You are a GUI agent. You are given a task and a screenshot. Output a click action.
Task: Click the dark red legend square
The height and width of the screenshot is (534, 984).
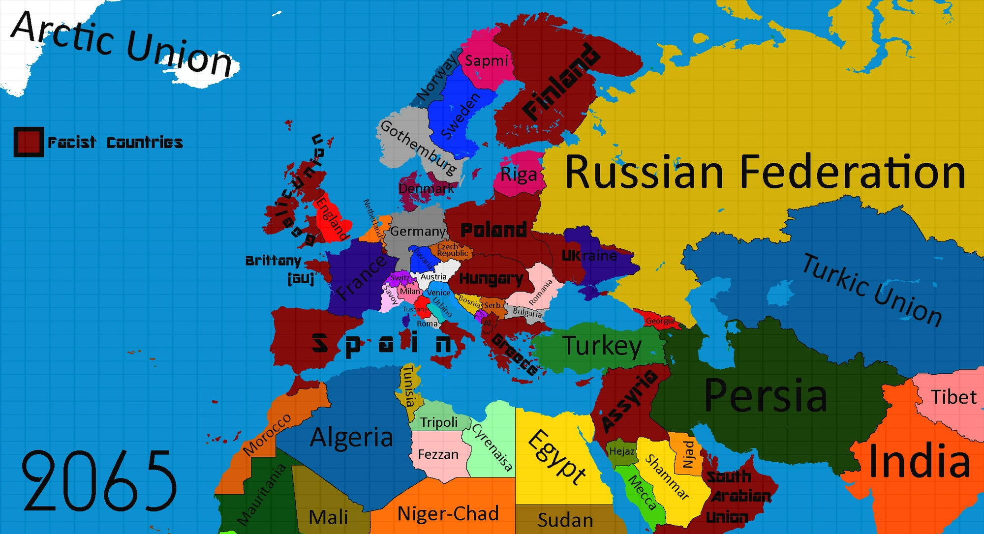(29, 142)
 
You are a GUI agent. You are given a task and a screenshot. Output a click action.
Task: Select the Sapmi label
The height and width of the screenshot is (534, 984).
(486, 61)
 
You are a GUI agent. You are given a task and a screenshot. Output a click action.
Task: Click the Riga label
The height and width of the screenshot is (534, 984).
(519, 175)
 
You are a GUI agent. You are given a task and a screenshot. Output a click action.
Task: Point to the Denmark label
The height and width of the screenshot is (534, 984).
(426, 189)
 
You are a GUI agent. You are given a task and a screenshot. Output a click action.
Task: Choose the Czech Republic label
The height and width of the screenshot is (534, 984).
(452, 250)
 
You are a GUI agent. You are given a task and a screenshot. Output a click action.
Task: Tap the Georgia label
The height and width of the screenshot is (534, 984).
(660, 321)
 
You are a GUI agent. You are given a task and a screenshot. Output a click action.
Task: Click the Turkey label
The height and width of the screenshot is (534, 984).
(602, 346)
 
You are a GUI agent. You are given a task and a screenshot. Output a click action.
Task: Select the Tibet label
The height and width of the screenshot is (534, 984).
(953, 397)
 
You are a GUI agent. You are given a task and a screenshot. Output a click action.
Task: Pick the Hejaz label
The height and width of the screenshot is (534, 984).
(622, 451)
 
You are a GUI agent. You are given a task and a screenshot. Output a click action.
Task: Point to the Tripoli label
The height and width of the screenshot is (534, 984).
(439, 422)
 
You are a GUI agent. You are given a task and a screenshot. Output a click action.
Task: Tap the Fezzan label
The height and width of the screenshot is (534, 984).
(438, 454)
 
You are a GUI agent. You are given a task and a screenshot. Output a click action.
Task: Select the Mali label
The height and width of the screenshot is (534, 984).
(328, 517)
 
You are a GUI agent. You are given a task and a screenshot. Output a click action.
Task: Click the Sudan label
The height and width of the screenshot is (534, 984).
(565, 520)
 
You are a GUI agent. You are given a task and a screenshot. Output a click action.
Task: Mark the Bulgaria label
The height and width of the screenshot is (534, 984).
(527, 313)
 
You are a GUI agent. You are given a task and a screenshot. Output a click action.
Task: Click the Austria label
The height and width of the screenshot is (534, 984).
(433, 277)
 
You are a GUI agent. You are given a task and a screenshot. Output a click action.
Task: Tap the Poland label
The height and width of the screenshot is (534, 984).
(493, 230)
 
